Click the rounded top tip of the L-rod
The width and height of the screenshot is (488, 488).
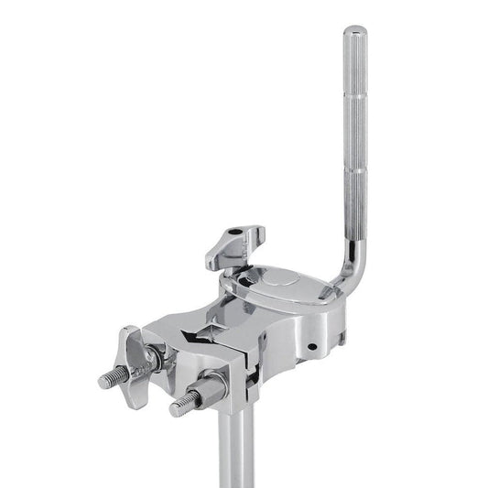pos(353,31)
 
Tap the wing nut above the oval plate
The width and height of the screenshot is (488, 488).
pos(234,241)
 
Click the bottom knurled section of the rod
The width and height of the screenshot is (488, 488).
pos(353,206)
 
